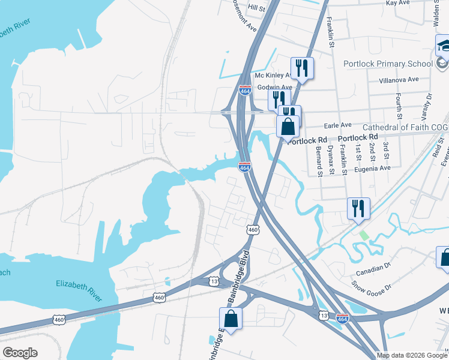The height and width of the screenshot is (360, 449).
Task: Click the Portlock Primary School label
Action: [x=388, y=64]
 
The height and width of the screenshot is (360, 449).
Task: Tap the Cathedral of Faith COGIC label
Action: [x=405, y=127]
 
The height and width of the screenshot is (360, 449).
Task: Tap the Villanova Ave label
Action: [x=399, y=79]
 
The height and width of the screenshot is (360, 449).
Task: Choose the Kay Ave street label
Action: [x=397, y=3]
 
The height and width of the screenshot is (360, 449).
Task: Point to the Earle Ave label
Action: [x=337, y=125]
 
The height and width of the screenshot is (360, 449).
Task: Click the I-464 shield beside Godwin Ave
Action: [x=245, y=90]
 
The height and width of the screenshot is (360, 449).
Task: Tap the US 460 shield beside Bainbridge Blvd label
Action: [x=253, y=229]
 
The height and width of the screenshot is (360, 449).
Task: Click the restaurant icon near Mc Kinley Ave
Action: [x=301, y=68]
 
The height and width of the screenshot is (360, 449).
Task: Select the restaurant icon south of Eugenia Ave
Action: [x=358, y=208]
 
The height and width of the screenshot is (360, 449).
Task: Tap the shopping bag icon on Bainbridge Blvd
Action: [x=231, y=318]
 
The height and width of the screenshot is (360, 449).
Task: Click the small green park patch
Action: [x=363, y=234]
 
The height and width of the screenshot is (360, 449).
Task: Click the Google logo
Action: [x=20, y=353]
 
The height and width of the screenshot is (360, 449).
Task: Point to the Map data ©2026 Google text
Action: [x=411, y=355]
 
